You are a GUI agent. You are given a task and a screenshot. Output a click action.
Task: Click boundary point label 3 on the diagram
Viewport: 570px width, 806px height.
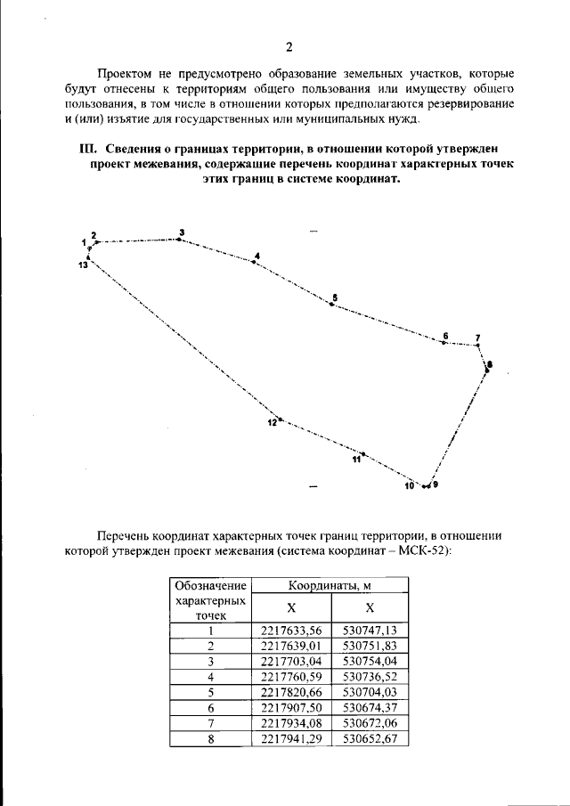[181, 232]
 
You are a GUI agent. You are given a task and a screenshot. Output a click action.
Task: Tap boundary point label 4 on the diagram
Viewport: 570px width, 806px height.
[256, 256]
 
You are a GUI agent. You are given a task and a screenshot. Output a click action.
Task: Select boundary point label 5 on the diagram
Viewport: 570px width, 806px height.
[334, 297]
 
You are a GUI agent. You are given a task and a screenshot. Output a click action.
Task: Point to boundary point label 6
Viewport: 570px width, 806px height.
[445, 336]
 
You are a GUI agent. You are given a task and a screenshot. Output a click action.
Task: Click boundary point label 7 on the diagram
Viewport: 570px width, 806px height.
[477, 338]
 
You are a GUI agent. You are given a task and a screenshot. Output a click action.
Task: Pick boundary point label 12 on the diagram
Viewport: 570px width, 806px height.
[273, 423]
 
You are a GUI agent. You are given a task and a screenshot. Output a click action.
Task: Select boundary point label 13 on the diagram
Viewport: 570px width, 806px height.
[83, 265]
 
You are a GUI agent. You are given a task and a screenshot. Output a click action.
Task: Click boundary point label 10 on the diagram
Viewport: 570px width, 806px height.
[410, 486]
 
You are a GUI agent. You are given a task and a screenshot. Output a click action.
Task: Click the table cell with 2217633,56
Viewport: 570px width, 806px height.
[292, 631]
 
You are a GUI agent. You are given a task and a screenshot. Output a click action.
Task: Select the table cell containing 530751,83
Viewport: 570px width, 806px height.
[370, 646]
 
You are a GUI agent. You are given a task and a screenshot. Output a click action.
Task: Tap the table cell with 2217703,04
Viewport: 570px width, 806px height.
[292, 661]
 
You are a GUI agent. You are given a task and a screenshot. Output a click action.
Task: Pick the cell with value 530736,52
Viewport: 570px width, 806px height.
[370, 676]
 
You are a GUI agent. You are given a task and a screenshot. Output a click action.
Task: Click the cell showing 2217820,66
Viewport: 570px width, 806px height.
[292, 691]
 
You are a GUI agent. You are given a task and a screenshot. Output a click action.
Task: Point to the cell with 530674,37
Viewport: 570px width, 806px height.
[370, 706]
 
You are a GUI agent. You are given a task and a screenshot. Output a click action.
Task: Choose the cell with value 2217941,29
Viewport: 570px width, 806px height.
[292, 737]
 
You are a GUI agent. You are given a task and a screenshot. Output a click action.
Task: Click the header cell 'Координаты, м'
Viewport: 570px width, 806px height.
[330, 585]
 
